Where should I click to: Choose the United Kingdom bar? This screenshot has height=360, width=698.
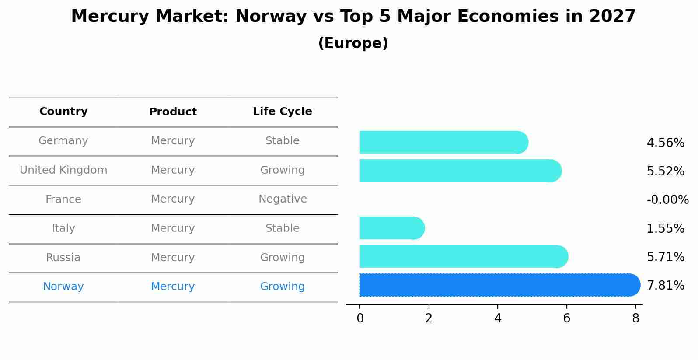pyautogui.click(x=459, y=171)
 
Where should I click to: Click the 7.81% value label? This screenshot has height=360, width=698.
pyautogui.click(x=665, y=286)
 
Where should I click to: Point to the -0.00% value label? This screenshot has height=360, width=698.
pyautogui.click(x=667, y=200)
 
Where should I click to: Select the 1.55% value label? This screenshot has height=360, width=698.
pyautogui.click(x=665, y=228)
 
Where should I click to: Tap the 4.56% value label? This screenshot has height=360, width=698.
pyautogui.click(x=665, y=143)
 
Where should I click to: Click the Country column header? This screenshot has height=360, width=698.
pyautogui.click(x=63, y=112)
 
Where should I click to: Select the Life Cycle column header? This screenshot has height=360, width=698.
pyautogui.click(x=282, y=112)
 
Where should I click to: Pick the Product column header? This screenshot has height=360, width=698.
pyautogui.click(x=173, y=112)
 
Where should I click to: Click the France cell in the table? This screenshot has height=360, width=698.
pyautogui.click(x=63, y=199)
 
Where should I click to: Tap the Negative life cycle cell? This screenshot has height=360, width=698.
pyautogui.click(x=283, y=199)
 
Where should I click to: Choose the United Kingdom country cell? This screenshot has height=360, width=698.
pyautogui.click(x=63, y=170)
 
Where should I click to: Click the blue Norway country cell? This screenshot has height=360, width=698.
pyautogui.click(x=63, y=287)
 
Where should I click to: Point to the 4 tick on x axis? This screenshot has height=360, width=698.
pyautogui.click(x=498, y=318)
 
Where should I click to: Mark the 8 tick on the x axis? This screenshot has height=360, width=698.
pyautogui.click(x=635, y=318)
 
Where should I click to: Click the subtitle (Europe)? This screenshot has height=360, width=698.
pyautogui.click(x=353, y=43)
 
